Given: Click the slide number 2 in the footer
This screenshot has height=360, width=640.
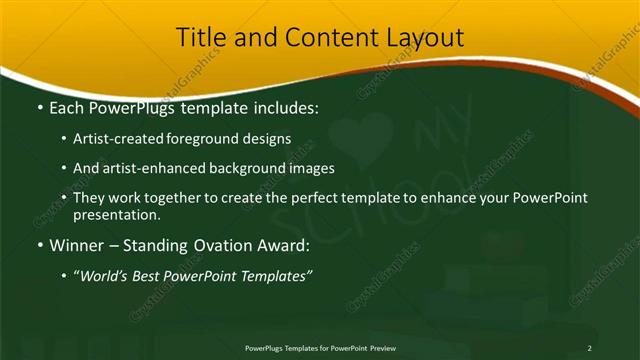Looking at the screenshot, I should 589,347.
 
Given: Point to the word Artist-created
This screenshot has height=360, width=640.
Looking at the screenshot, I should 120,140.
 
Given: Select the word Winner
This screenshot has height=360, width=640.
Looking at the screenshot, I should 77,246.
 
